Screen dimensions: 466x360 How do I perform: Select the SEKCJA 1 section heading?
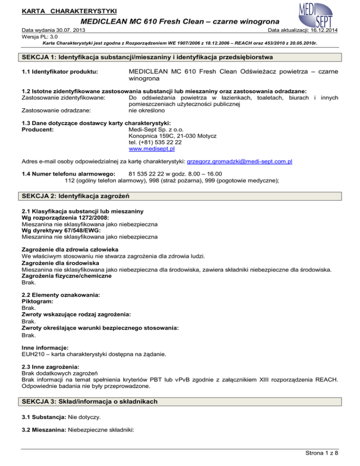click(148, 57)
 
